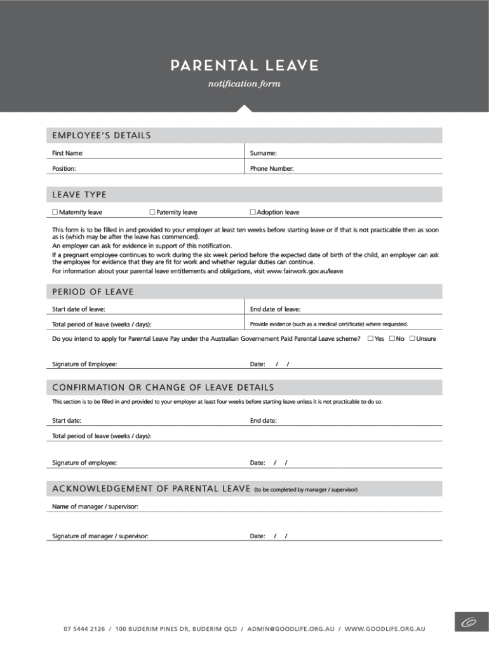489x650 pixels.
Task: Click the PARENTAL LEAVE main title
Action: [x=245, y=66]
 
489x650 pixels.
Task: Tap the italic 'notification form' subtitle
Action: [x=245, y=84]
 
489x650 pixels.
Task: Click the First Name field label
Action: [x=67, y=153]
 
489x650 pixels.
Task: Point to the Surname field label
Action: [x=263, y=153]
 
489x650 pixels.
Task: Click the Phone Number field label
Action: [x=272, y=169]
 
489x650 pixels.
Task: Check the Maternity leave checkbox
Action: [x=55, y=212]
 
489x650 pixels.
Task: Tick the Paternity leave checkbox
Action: [x=152, y=212]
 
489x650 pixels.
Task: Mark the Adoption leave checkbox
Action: [x=253, y=212]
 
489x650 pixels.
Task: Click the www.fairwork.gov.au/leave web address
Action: [x=305, y=271]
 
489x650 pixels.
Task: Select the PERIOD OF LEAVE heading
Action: [x=93, y=292]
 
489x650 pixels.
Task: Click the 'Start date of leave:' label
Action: [x=79, y=309]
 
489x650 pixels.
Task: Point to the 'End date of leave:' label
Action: [x=275, y=309]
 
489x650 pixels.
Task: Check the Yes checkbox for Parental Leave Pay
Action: [x=370, y=338]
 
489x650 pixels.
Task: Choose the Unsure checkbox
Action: [x=412, y=338]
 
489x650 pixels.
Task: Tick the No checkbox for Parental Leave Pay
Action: [x=392, y=338]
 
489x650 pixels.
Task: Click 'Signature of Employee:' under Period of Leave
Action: [x=84, y=364]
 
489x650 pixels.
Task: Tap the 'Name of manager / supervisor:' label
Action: [x=95, y=507]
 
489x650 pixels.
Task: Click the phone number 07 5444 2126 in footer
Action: [x=84, y=629]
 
